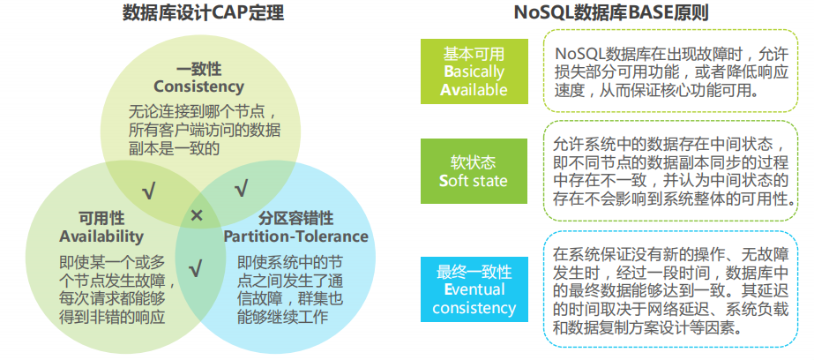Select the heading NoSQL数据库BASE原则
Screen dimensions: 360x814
[x=612, y=13]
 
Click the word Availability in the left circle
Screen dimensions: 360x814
[x=101, y=236]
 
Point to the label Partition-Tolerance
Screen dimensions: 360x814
[x=295, y=236]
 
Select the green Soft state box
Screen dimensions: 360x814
[x=474, y=171]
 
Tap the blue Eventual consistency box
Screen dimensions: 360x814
[x=474, y=289]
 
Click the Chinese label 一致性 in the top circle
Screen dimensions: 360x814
[x=198, y=69]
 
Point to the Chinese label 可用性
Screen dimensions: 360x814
[x=101, y=218]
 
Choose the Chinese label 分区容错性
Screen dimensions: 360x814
[x=295, y=218]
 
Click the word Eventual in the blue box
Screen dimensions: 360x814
[x=474, y=289]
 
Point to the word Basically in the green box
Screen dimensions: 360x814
[x=474, y=71]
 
